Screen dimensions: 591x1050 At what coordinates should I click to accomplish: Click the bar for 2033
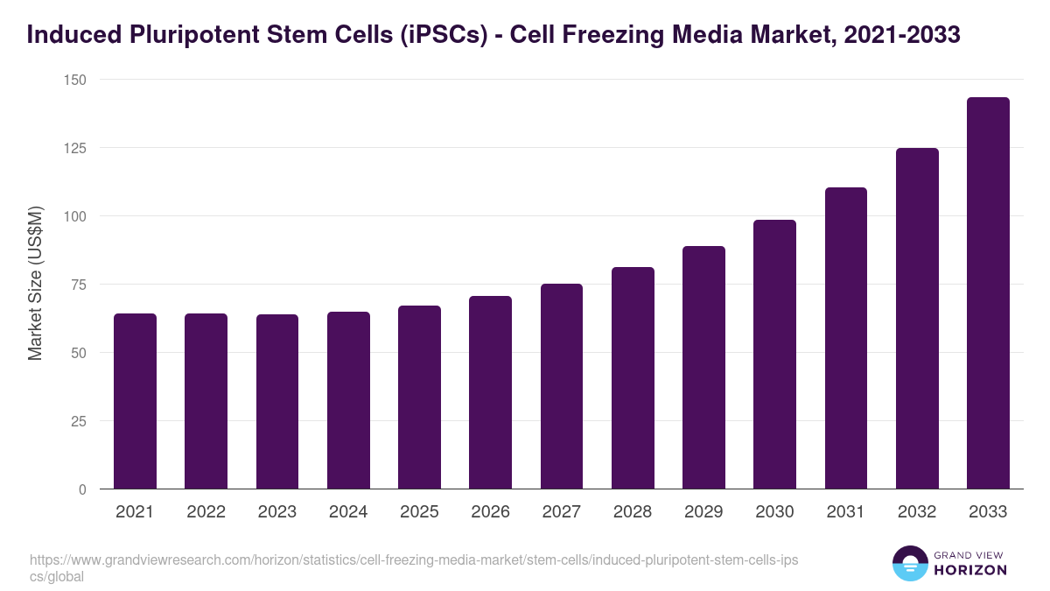pyautogui.click(x=988, y=293)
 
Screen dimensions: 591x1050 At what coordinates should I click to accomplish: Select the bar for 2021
pyautogui.click(x=135, y=401)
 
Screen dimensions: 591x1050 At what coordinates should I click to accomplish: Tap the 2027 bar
pyautogui.click(x=562, y=386)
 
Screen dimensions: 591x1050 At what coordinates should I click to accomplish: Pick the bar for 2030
pyautogui.click(x=774, y=355)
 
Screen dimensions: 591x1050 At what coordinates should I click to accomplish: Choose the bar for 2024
pyautogui.click(x=348, y=400)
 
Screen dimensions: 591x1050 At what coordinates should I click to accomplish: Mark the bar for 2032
pyautogui.click(x=917, y=319)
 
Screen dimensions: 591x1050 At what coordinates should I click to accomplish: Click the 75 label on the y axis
pyautogui.click(x=79, y=285)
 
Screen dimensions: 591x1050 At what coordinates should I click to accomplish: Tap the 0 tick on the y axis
pyautogui.click(x=82, y=489)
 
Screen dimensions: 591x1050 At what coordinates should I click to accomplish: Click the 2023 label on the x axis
pyautogui.click(x=276, y=512)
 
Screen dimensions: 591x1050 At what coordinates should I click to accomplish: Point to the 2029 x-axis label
pyautogui.click(x=703, y=512)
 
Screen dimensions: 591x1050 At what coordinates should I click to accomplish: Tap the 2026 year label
pyautogui.click(x=490, y=512)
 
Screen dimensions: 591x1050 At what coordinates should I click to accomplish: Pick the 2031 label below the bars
pyautogui.click(x=845, y=512)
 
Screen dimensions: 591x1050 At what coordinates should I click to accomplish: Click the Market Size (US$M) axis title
pyautogui.click(x=35, y=284)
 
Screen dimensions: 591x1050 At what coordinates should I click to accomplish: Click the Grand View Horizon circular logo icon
pyautogui.click(x=910, y=564)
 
